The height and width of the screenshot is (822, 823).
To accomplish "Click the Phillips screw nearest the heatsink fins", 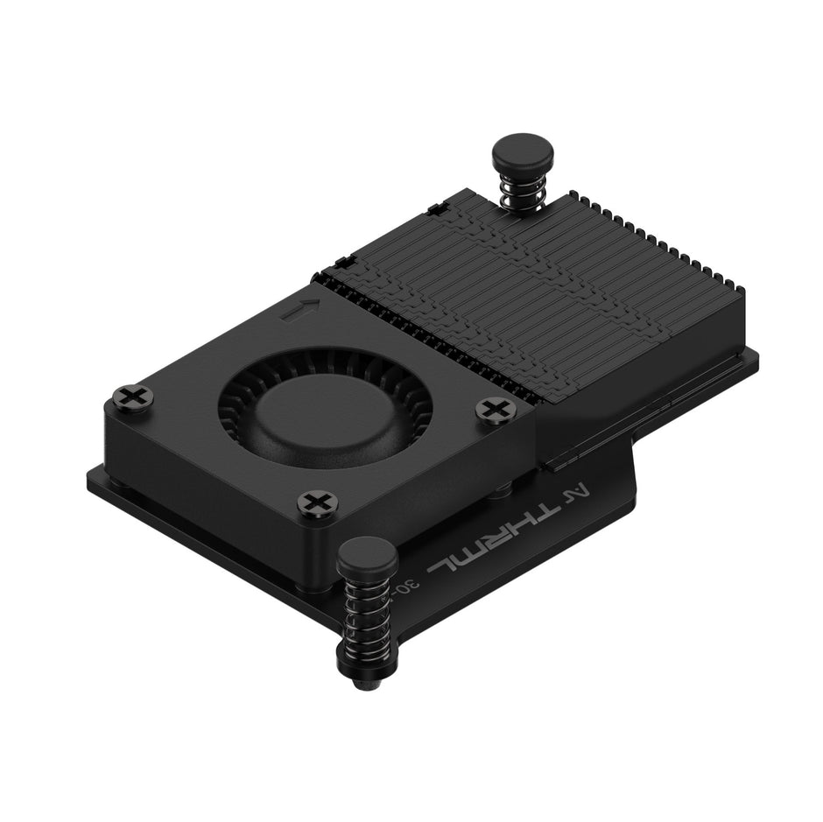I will pyautogui.click(x=496, y=409).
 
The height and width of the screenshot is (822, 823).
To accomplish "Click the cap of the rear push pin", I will pyautogui.click(x=522, y=154).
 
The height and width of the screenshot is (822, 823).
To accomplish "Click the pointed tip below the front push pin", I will pyautogui.click(x=366, y=681).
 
